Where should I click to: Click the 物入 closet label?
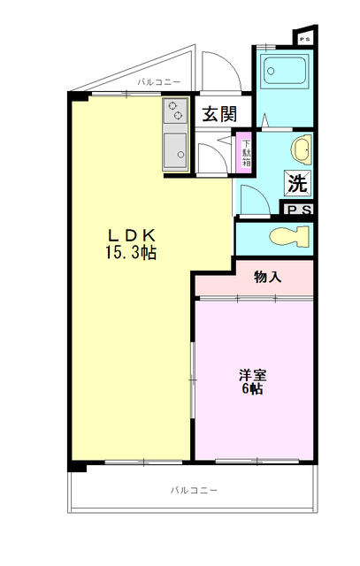267,278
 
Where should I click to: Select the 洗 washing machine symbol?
296,185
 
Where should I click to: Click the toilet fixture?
289,236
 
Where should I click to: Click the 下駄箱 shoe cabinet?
247,149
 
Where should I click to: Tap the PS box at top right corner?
304,39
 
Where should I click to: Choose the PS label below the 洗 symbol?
298,210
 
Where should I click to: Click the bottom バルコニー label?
193,489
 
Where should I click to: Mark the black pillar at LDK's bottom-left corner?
78,464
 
